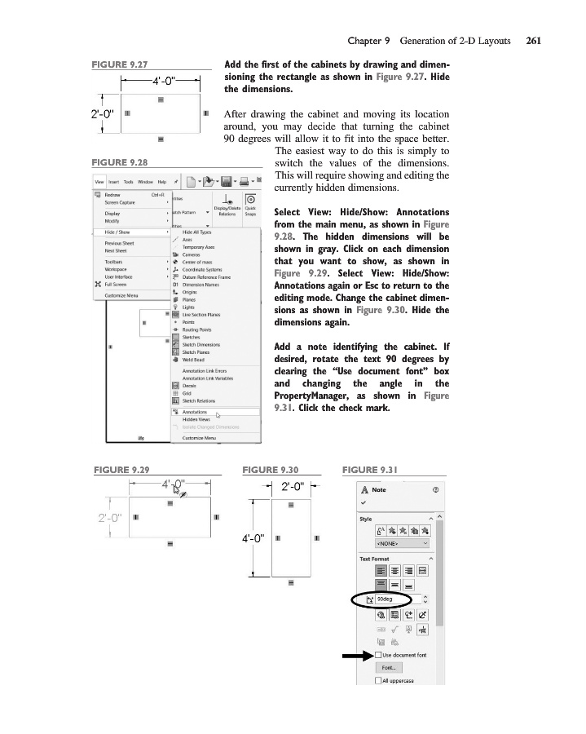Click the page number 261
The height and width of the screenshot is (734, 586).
[x=534, y=39]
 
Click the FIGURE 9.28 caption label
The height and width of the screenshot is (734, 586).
[x=122, y=161]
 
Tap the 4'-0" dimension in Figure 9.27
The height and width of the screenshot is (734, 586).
[x=161, y=80]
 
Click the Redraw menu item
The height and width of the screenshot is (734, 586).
[x=113, y=194]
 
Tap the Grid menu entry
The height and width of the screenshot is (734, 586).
[x=189, y=392]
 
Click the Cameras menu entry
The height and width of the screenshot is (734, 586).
[x=192, y=254]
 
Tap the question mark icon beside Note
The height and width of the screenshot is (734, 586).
[x=436, y=490]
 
